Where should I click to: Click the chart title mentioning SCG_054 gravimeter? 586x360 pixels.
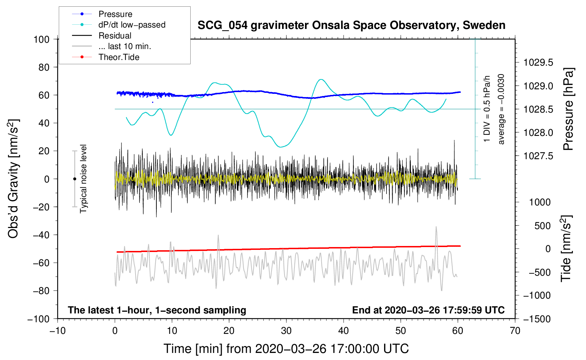(x=351, y=25)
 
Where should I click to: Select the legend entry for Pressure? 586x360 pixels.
(x=115, y=14)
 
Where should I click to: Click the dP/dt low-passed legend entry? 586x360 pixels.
(x=132, y=25)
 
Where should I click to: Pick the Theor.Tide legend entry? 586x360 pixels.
(x=119, y=57)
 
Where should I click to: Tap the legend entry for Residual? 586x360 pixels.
(x=115, y=36)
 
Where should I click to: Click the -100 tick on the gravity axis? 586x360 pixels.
(x=38, y=319)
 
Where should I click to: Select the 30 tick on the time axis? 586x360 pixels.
(x=286, y=331)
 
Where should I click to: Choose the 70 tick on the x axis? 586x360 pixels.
(x=515, y=331)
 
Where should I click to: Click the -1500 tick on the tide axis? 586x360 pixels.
(x=537, y=319)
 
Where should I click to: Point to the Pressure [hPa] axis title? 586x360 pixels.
(x=568, y=109)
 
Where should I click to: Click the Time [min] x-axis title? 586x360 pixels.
(x=286, y=349)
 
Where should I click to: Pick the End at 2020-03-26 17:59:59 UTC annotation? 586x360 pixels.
(x=428, y=310)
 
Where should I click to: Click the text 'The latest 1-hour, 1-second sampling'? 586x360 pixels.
(x=157, y=310)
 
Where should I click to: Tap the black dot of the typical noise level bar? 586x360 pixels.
(x=74, y=179)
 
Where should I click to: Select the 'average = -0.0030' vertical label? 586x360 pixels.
(x=501, y=109)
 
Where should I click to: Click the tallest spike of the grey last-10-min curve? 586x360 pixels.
(x=436, y=227)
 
